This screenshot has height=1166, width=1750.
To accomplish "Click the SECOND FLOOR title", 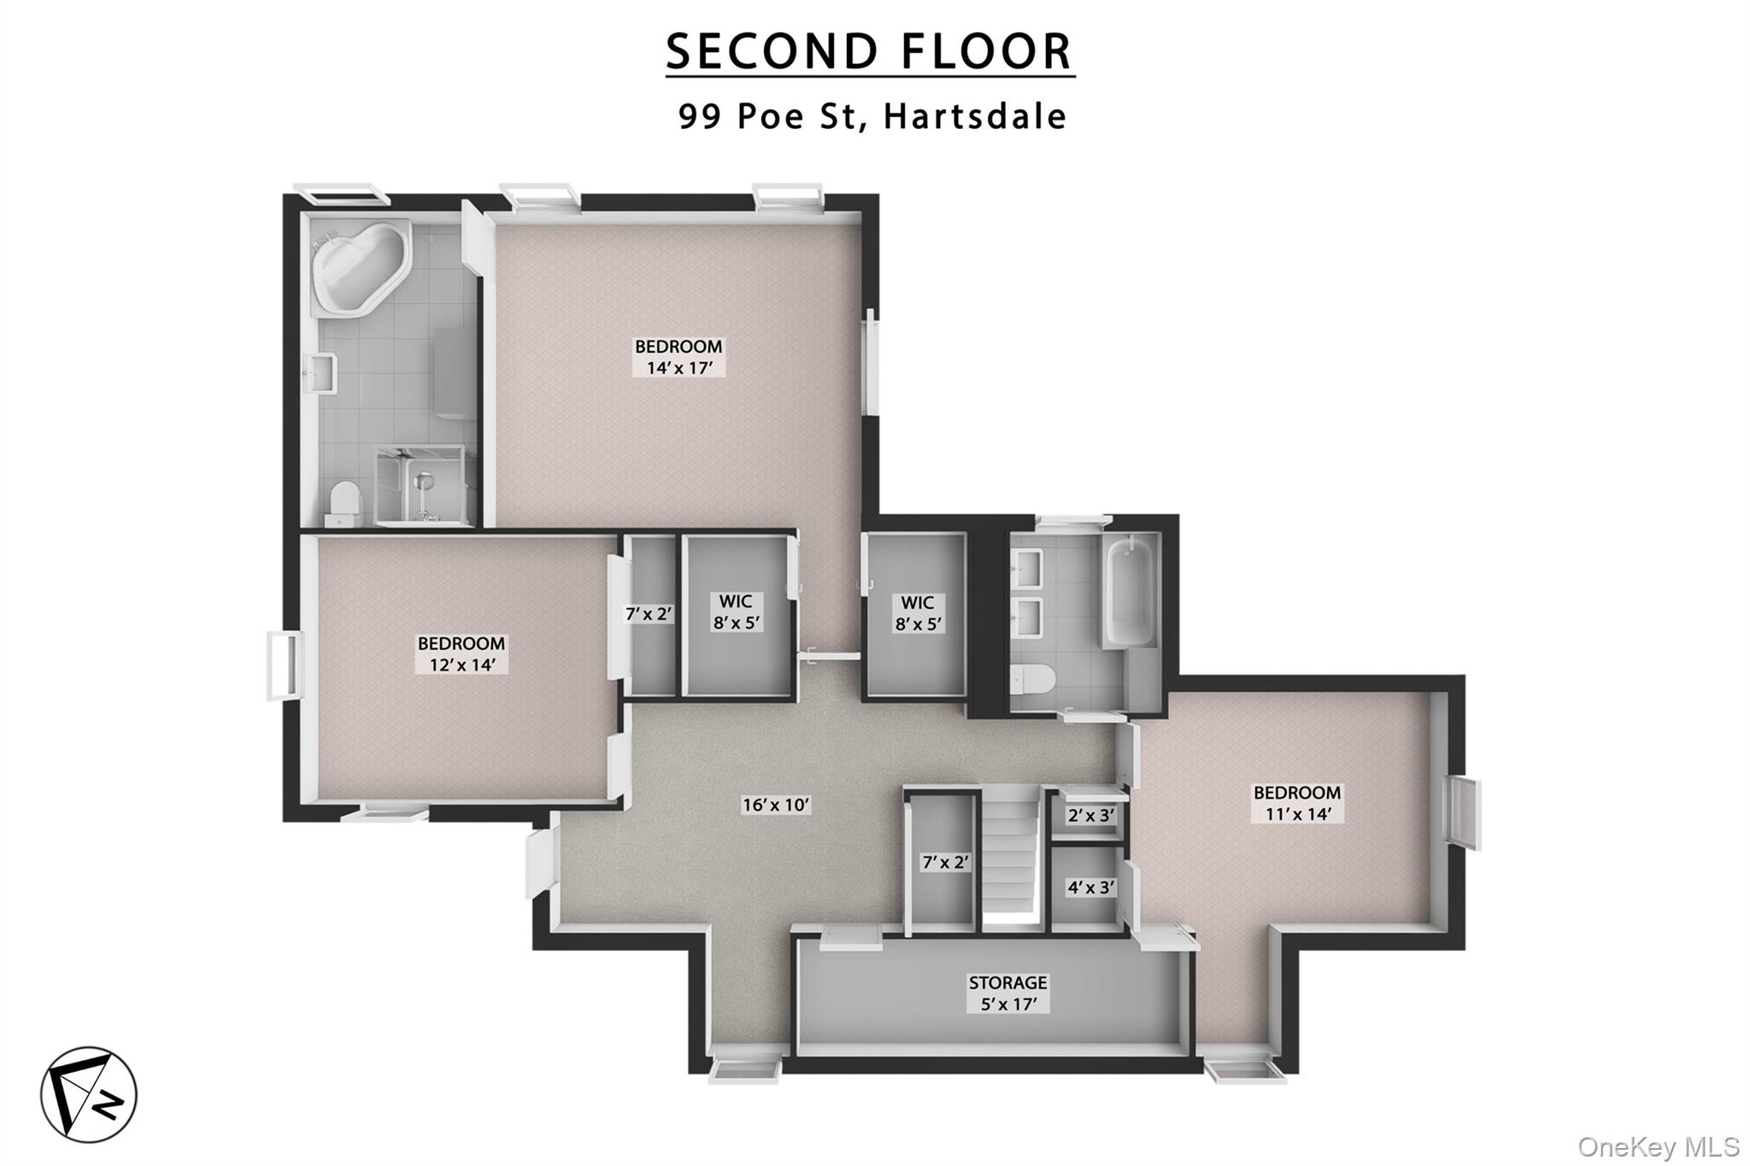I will tap(869, 51).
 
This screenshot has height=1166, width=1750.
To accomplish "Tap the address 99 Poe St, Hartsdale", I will tap(872, 116).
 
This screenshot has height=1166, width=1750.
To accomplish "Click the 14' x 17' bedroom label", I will tap(678, 357).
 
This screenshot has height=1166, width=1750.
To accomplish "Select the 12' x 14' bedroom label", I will tap(461, 654).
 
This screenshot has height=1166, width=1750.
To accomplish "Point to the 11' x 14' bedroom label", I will tap(1297, 803).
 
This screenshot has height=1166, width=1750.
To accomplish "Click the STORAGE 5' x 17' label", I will tap(1007, 993).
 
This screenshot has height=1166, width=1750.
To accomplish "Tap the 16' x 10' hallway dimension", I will tap(776, 805).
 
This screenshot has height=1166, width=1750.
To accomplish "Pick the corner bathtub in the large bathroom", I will tap(359, 265).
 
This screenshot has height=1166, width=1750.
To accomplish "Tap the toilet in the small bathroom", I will tap(1034, 680).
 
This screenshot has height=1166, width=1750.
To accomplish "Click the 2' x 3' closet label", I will tap(1091, 816).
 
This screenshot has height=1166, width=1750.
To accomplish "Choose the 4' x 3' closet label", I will tap(1091, 888).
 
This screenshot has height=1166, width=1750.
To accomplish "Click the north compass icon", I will tap(89, 1094).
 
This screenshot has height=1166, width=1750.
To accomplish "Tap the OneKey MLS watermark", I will tap(1658, 1146).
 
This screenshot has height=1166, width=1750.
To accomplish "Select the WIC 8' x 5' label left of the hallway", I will tap(737, 612).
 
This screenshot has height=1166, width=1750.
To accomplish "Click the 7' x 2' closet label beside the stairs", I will tap(946, 863).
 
